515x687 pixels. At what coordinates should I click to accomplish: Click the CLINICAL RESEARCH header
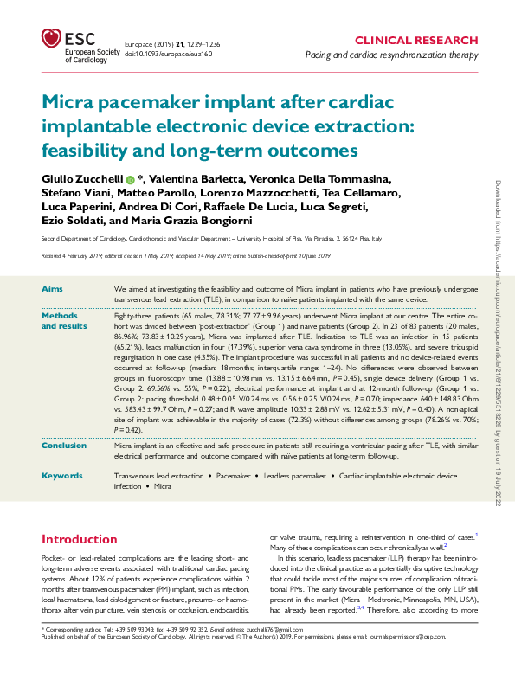(x=416, y=41)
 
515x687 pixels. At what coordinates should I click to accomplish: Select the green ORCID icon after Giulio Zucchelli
(x=130, y=178)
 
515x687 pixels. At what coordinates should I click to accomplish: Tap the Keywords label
(x=61, y=476)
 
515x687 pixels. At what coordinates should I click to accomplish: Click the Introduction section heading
(x=80, y=540)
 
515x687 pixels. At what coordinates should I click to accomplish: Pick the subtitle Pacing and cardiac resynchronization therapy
(x=391, y=55)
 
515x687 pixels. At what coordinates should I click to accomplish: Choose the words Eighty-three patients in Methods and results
(x=142, y=317)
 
